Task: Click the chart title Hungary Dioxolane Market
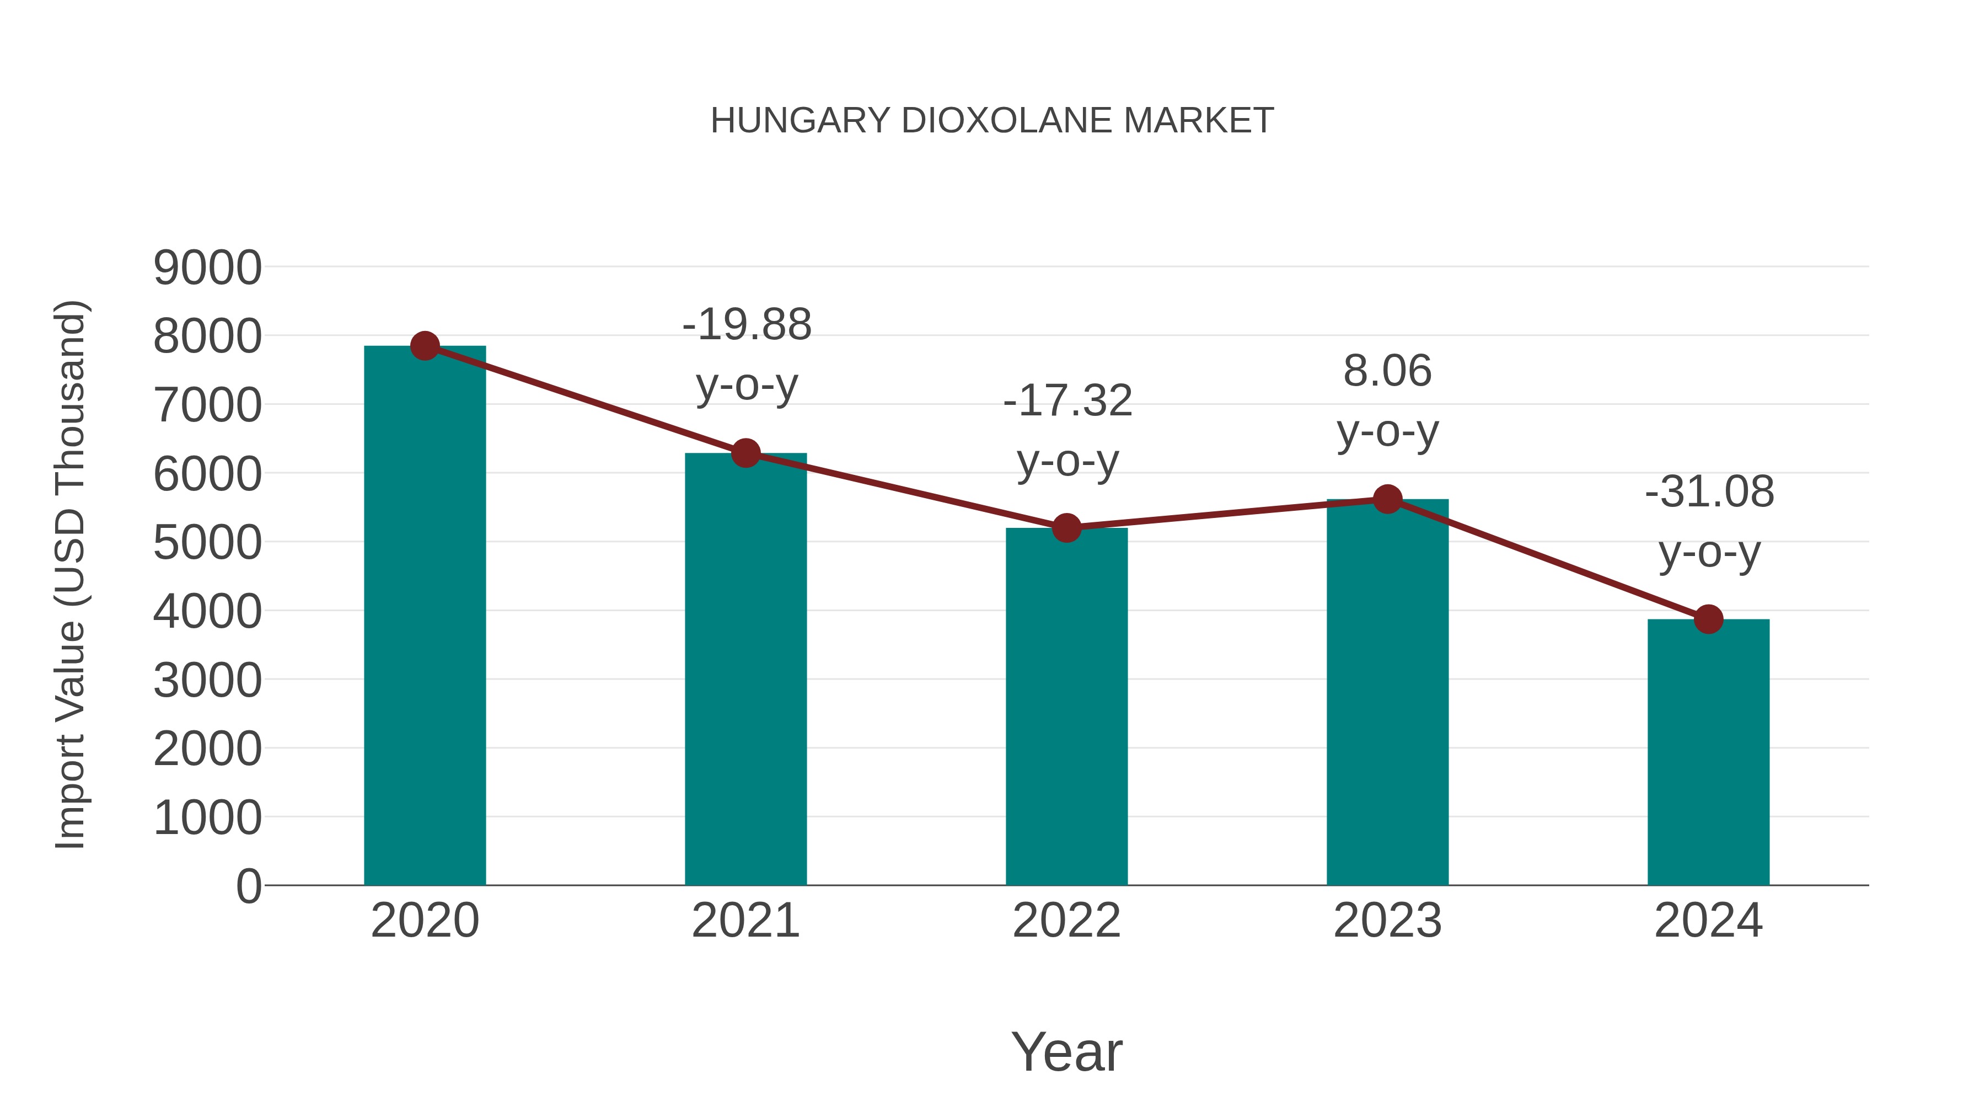(992, 121)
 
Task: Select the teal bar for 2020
(425, 617)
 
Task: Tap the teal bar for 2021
(745, 671)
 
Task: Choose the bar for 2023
(1387, 694)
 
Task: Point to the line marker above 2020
(425, 346)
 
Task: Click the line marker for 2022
(1066, 528)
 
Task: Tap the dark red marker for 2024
(1708, 619)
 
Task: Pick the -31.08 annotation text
(1709, 521)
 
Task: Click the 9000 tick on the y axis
(207, 268)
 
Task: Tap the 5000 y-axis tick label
(207, 543)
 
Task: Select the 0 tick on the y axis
(249, 886)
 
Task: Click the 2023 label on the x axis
(1387, 921)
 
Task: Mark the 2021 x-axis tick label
(745, 921)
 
